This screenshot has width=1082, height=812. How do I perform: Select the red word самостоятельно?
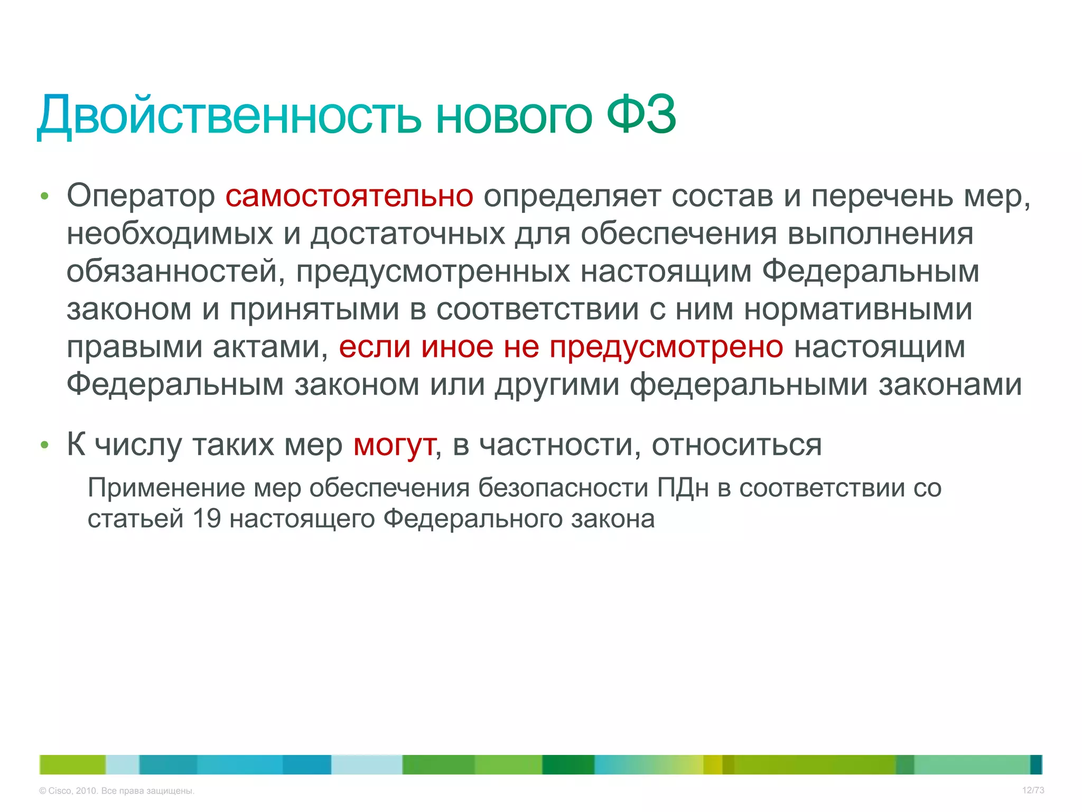[x=349, y=196]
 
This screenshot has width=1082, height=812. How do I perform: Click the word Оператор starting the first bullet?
[x=141, y=196]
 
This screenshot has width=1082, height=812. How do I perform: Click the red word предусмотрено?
[x=666, y=347]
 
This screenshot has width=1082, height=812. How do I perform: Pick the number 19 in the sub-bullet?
[x=207, y=519]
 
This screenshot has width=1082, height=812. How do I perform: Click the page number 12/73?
[x=1033, y=790]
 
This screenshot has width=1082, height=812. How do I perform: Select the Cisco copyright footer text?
[x=117, y=791]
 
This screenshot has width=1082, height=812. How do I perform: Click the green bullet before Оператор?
[x=44, y=197]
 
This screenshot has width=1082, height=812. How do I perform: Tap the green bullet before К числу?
[x=44, y=446]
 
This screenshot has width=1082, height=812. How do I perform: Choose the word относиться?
[x=736, y=445]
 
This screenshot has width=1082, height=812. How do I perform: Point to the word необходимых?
[x=170, y=234]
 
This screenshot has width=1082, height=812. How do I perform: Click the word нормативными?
[x=858, y=309]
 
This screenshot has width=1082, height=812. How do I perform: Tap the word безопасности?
[x=563, y=487]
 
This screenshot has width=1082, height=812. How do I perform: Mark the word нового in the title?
[x=514, y=115]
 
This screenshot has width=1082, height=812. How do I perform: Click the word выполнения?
[x=880, y=234]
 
